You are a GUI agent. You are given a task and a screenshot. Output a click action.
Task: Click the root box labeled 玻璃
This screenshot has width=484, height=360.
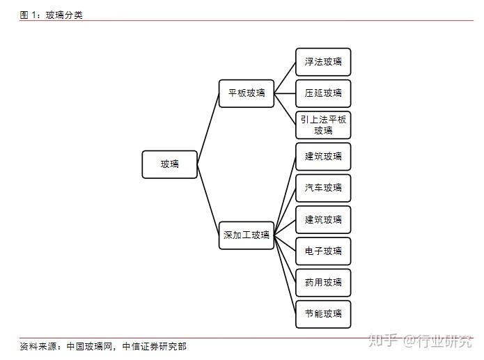(x=169, y=164)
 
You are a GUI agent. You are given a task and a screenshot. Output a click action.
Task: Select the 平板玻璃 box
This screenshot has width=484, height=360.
(x=247, y=93)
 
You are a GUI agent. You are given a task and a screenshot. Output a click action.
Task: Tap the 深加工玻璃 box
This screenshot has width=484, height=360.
(x=247, y=235)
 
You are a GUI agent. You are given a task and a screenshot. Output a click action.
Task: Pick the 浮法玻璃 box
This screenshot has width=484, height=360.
(x=323, y=62)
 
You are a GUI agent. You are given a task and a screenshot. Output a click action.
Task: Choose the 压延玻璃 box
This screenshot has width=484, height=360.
(x=323, y=93)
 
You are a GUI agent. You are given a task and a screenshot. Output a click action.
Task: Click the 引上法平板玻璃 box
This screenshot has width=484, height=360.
(x=323, y=125)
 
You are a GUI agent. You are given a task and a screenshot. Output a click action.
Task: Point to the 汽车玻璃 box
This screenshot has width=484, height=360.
(x=323, y=188)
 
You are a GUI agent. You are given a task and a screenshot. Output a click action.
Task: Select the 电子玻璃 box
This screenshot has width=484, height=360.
(x=323, y=251)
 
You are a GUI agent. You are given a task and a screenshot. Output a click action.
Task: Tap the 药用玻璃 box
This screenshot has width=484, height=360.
(x=323, y=283)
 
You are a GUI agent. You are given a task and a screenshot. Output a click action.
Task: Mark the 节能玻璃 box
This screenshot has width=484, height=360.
(x=323, y=314)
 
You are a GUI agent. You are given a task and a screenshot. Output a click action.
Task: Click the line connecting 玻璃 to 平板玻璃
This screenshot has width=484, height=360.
(x=208, y=129)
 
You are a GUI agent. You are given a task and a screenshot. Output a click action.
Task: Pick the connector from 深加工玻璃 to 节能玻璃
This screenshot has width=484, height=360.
(x=285, y=274)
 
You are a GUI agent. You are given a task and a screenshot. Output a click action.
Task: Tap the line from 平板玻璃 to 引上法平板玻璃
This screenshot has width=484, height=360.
(x=285, y=109)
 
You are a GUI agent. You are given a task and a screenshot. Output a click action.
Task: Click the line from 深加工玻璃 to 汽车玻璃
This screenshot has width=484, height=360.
(x=285, y=212)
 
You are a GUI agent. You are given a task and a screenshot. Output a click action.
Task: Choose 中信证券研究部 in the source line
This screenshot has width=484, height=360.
(x=154, y=346)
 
